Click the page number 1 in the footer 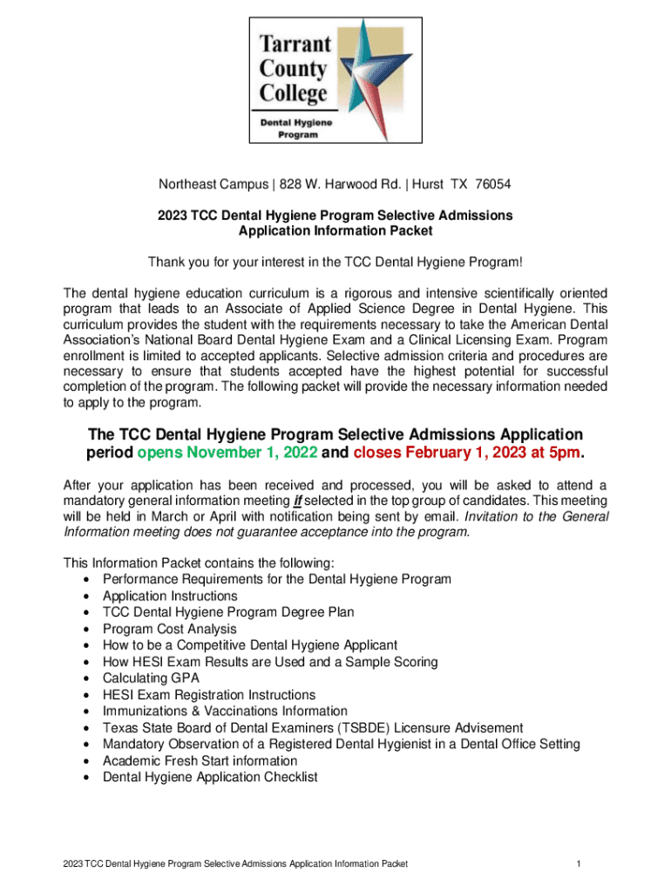pyautogui.click(x=578, y=864)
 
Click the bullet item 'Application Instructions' pyautogui.click(x=170, y=596)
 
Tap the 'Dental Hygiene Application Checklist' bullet pyautogui.click(x=210, y=777)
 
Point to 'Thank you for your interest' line pyautogui.click(x=335, y=262)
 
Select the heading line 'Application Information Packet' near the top pyautogui.click(x=335, y=231)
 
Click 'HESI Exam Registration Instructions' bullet pyautogui.click(x=209, y=695)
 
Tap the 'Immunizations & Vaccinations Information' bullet pyautogui.click(x=225, y=711)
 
